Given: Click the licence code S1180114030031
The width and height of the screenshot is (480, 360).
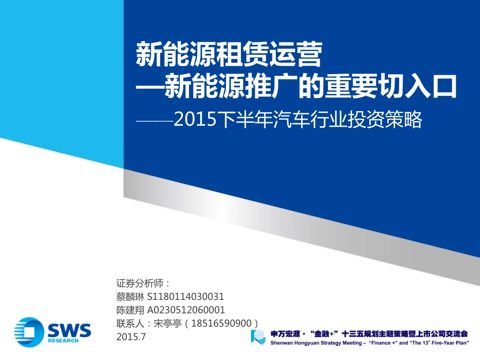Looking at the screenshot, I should [x=185, y=296].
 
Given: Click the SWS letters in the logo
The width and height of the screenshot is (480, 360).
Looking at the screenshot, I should [x=69, y=330].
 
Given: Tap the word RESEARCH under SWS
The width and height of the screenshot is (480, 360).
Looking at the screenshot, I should [x=64, y=341].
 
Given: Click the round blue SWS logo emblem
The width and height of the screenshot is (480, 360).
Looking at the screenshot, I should [x=29, y=331].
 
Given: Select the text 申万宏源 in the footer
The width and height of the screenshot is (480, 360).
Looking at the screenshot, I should [x=285, y=334].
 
